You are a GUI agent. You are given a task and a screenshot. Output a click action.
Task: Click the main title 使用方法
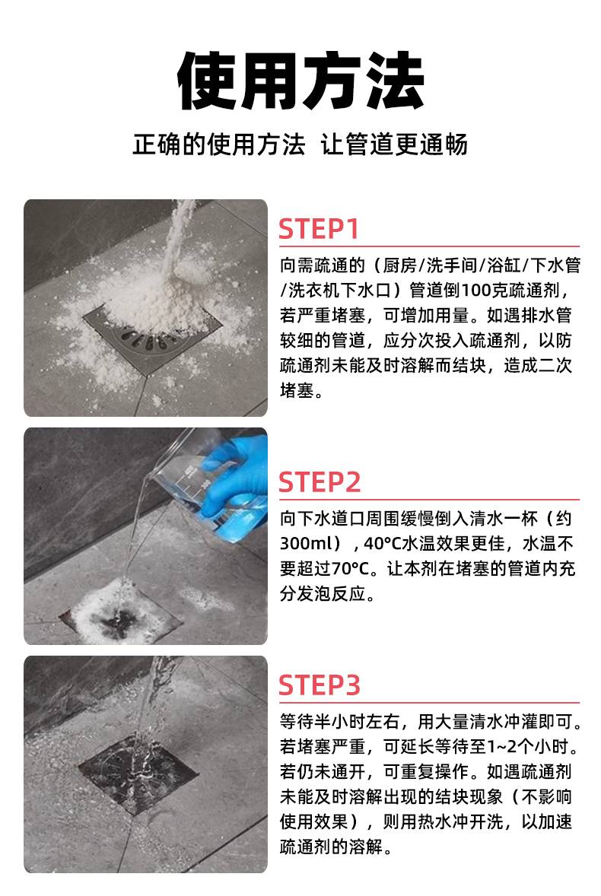(300, 81)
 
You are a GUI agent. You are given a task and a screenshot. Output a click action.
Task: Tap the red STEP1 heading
(319, 229)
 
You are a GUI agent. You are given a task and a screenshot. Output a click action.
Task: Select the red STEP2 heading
(320, 482)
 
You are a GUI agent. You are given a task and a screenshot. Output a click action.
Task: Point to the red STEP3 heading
(320, 685)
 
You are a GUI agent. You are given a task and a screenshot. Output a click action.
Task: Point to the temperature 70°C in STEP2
(350, 569)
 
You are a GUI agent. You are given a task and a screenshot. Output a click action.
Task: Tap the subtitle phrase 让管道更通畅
(394, 145)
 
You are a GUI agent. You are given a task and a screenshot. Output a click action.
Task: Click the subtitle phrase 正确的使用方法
(219, 145)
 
